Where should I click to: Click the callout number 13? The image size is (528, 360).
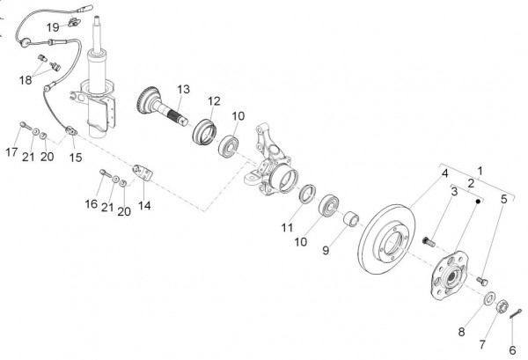183,89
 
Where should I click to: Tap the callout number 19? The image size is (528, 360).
77,26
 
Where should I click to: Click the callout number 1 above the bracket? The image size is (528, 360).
480,168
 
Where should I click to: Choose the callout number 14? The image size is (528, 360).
144,206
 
